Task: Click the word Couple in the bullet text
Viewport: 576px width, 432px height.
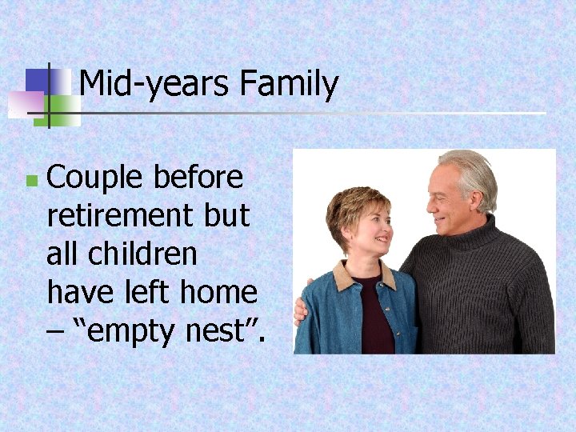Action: point(94,178)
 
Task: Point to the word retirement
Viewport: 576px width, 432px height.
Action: point(118,215)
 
